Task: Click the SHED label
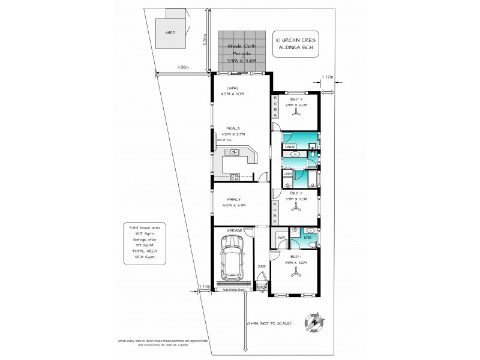(170, 32)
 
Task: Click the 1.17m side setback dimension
(327, 77)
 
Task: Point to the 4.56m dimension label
(182, 68)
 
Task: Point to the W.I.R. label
(280, 238)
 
